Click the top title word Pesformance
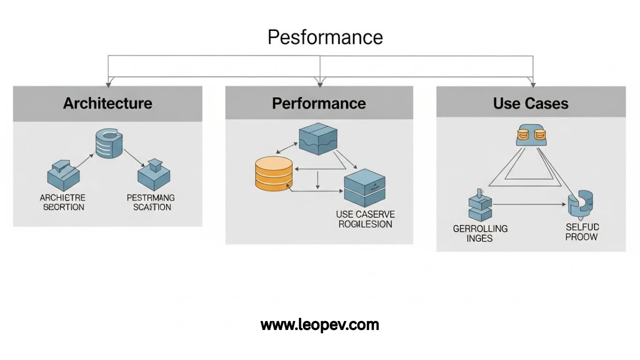[325, 37]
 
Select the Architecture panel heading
[107, 103]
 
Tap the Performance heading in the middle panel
[319, 103]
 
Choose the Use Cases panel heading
[530, 103]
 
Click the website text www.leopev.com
[320, 325]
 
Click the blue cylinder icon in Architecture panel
[110, 144]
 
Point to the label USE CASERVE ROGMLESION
[365, 219]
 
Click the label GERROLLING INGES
[480, 233]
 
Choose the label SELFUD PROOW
[582, 232]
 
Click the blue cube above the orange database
[318, 138]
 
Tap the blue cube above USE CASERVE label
[364, 188]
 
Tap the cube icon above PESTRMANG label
[153, 175]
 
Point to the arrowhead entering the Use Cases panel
[533, 83]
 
